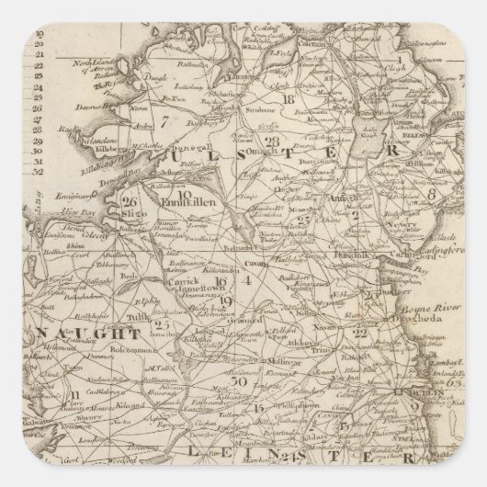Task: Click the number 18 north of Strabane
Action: coord(288,99)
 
